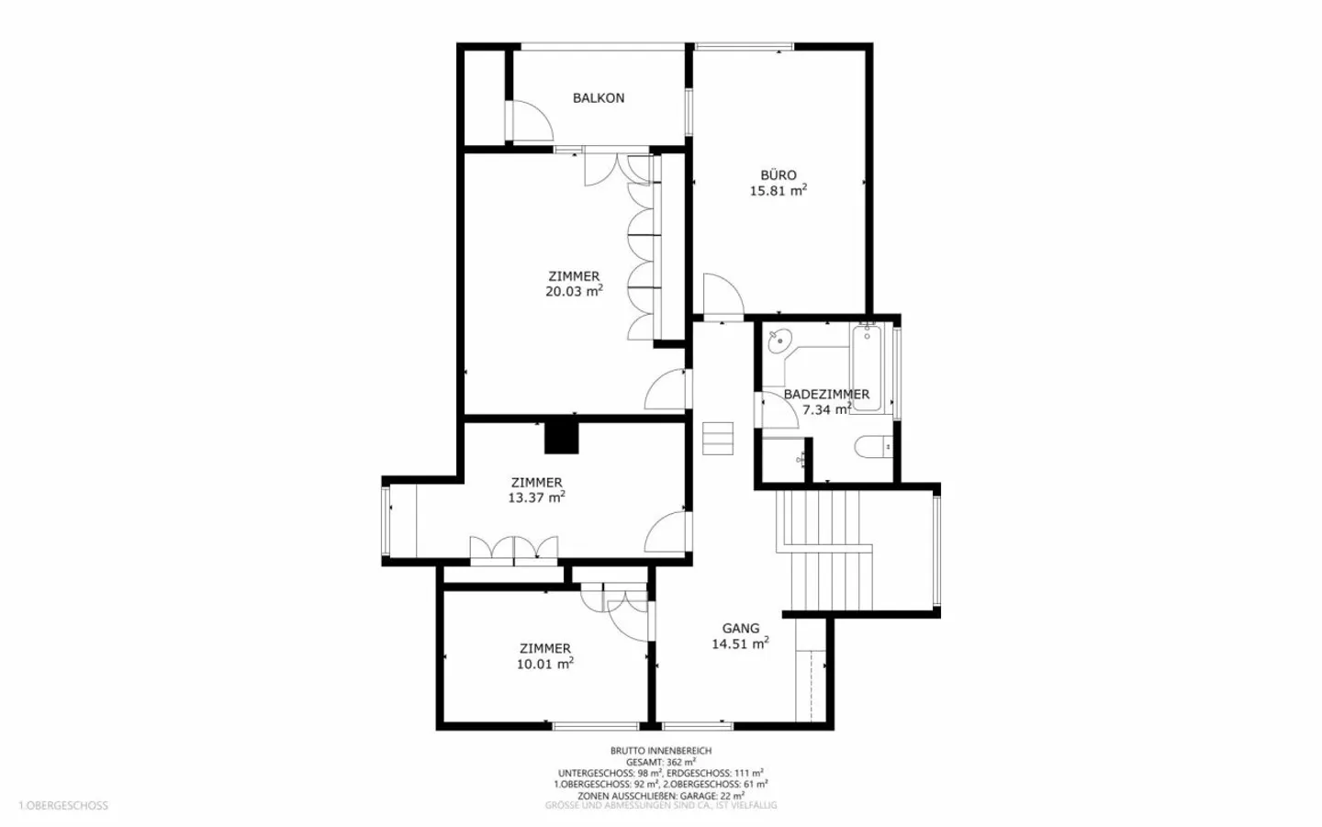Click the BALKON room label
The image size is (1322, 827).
598,98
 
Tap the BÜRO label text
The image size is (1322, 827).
778,175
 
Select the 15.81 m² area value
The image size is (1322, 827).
778,191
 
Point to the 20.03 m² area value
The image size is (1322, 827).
574,291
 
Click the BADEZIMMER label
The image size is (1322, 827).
825,394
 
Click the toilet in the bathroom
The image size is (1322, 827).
871,448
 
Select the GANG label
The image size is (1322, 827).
740,629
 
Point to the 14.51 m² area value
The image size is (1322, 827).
740,643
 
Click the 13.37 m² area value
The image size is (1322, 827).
536,497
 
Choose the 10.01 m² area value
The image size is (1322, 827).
544,664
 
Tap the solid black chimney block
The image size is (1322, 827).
562,437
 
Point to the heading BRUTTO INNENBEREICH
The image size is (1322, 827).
660,751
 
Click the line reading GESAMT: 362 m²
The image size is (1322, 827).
660,762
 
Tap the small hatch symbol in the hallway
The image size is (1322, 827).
718,438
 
